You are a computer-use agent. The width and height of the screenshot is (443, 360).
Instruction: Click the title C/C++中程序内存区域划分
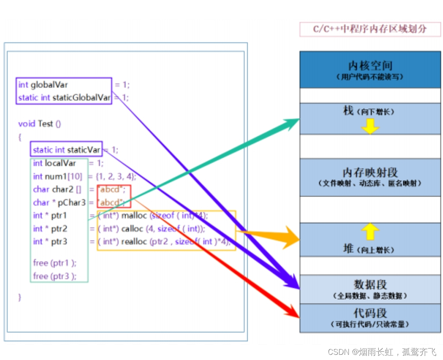click(370, 29)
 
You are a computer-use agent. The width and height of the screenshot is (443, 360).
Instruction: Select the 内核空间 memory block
click(370, 69)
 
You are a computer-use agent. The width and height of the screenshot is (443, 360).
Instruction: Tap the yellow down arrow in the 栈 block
click(370, 126)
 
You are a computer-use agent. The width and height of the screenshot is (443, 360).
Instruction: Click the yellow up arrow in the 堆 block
click(370, 232)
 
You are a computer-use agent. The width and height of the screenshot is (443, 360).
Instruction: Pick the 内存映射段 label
click(370, 173)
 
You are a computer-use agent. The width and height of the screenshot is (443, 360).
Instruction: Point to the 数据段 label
click(370, 285)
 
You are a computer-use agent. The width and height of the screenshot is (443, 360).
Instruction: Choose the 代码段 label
click(370, 313)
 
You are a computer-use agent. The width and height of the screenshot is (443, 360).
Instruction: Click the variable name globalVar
click(49, 85)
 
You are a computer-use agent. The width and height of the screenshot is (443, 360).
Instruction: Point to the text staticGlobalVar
click(82, 98)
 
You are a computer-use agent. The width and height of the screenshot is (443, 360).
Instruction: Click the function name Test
click(45, 124)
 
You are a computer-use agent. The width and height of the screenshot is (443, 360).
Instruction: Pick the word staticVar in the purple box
click(84, 150)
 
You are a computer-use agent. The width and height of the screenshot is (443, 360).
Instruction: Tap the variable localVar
click(60, 163)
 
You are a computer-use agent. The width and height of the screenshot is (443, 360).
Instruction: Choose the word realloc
click(135, 242)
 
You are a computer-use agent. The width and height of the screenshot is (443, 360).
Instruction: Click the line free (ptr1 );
click(54, 263)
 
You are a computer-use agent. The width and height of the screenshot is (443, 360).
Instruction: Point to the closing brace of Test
click(20, 297)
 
